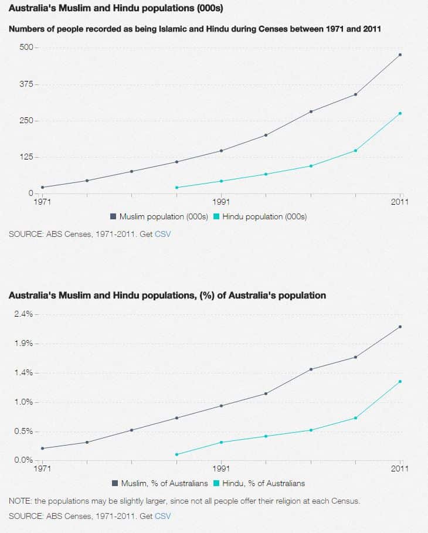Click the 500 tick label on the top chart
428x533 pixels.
[x=28, y=47]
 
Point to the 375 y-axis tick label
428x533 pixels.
[x=28, y=84]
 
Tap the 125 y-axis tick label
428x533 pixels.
[x=28, y=157]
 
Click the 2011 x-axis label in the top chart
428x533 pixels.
[x=400, y=202]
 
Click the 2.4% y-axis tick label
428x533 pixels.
[x=23, y=314]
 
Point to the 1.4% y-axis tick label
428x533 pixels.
[x=23, y=373]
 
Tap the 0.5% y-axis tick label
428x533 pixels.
[x=23, y=432]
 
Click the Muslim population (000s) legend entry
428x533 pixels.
[x=164, y=216]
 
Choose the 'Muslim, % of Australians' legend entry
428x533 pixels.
[x=164, y=483]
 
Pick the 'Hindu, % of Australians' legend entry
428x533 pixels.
[x=263, y=483]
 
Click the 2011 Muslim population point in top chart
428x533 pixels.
[x=400, y=55]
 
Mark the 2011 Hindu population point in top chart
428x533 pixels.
[x=400, y=113]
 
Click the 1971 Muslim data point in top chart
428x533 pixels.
[x=42, y=188]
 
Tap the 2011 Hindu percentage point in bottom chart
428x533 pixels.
[x=400, y=382]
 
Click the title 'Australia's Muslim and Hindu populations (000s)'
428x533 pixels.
[x=116, y=9]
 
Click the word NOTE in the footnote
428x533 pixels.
[x=20, y=501]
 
